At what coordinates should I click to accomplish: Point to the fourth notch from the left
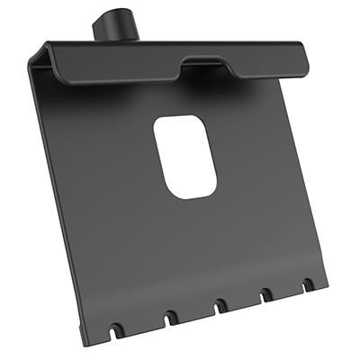tap(266, 297)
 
